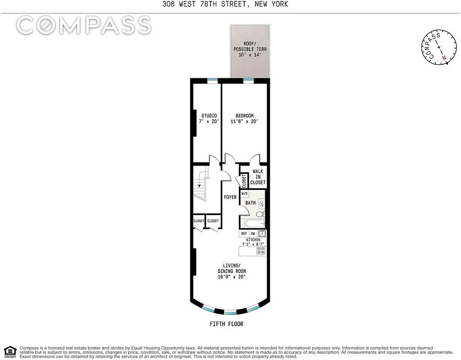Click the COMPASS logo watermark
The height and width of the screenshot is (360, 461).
pyautogui.click(x=84, y=26)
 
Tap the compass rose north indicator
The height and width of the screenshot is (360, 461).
pyautogui.click(x=444, y=58)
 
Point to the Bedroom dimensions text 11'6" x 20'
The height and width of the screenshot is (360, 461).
pyautogui.click(x=244, y=121)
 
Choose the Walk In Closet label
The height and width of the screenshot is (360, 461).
pyautogui.click(x=258, y=177)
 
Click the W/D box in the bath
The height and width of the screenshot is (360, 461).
pyautogui.click(x=245, y=194)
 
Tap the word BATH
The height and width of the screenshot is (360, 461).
pyautogui.click(x=251, y=203)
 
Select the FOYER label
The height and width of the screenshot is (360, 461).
pyautogui.click(x=230, y=197)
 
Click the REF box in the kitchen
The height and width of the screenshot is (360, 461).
pyautogui.click(x=244, y=234)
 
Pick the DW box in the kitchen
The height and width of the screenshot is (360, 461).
pyautogui.click(x=253, y=234)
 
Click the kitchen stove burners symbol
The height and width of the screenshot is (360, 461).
pyautogui.click(x=261, y=250)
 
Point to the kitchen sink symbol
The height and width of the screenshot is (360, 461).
pyautogui.click(x=262, y=234)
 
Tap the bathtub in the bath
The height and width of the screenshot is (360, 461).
pyautogui.click(x=252, y=223)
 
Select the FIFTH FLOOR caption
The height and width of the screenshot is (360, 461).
pyautogui.click(x=227, y=324)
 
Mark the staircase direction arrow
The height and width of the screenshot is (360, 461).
pyautogui.click(x=199, y=184)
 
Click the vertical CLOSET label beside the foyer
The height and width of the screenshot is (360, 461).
pyautogui.click(x=244, y=181)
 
